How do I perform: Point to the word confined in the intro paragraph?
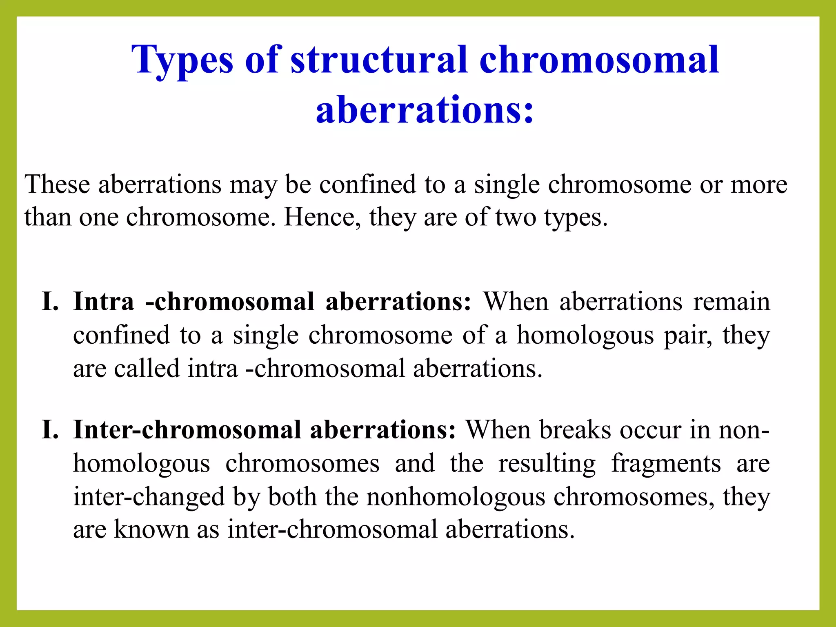pyautogui.click(x=367, y=184)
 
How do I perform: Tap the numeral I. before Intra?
pyautogui.click(x=50, y=302)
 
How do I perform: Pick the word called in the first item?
pyautogui.click(x=147, y=368)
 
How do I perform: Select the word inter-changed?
pyautogui.click(x=149, y=497)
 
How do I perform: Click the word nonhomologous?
pyautogui.click(x=456, y=497)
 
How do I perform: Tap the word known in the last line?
pyautogui.click(x=151, y=529)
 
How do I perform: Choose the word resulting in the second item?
pyautogui.click(x=547, y=464)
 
